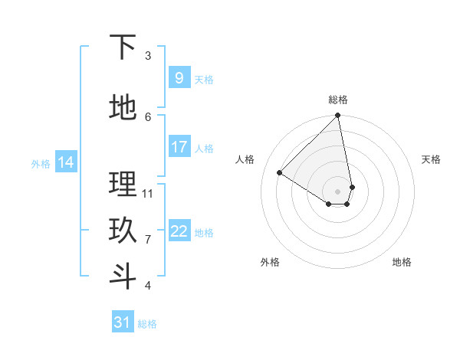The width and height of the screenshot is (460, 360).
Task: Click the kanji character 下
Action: pyautogui.click(x=123, y=47)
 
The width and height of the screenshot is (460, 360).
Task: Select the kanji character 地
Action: pyautogui.click(x=123, y=108)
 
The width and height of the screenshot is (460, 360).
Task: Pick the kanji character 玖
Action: pyautogui.click(x=123, y=231)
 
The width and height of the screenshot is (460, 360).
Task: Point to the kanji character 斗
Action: pyautogui.click(x=123, y=277)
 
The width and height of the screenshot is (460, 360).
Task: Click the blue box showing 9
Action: pyautogui.click(x=179, y=77)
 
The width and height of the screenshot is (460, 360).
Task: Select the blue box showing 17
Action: pyautogui.click(x=179, y=146)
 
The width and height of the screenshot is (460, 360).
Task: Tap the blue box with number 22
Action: pyautogui.click(x=179, y=231)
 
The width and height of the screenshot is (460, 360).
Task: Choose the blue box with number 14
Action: pyautogui.click(x=66, y=162)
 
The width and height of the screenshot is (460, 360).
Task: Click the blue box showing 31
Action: pyautogui.click(x=123, y=322)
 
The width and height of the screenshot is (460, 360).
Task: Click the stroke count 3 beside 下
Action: pyautogui.click(x=148, y=55)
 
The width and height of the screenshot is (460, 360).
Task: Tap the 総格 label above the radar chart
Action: pyautogui.click(x=338, y=100)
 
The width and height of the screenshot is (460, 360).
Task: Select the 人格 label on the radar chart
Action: pyautogui.click(x=245, y=159)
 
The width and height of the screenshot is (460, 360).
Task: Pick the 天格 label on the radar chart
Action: pyautogui.click(x=431, y=159)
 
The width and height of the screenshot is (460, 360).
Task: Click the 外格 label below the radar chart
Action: pyautogui.click(x=270, y=262)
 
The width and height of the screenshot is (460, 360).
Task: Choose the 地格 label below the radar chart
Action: pyautogui.click(x=402, y=262)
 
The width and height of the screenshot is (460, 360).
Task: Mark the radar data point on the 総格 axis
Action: pyautogui.click(x=338, y=116)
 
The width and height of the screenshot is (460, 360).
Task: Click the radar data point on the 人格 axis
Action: pyautogui.click(x=280, y=172)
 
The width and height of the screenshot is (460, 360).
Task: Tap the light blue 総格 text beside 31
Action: pyautogui.click(x=147, y=324)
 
